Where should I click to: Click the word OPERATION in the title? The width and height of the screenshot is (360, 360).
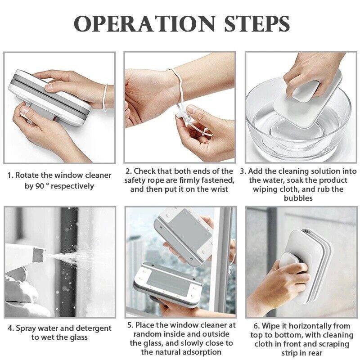pos(144,24)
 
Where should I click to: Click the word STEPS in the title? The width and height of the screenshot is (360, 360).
pos(257,24)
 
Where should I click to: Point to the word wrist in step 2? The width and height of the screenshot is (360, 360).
pos(219,189)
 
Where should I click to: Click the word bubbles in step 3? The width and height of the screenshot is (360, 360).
pos(298,198)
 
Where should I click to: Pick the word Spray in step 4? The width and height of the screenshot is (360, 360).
pos(26,328)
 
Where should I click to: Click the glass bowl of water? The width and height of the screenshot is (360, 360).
pos(298,125)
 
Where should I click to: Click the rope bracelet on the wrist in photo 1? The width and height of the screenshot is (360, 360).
pos(105,98)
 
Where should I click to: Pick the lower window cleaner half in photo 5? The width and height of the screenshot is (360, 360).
pos(167,286)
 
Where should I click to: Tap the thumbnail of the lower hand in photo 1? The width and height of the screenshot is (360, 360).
pos(25,110)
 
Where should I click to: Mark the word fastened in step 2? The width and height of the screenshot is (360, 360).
pos(218,180)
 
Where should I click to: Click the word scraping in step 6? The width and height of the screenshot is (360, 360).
pos(331,344)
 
